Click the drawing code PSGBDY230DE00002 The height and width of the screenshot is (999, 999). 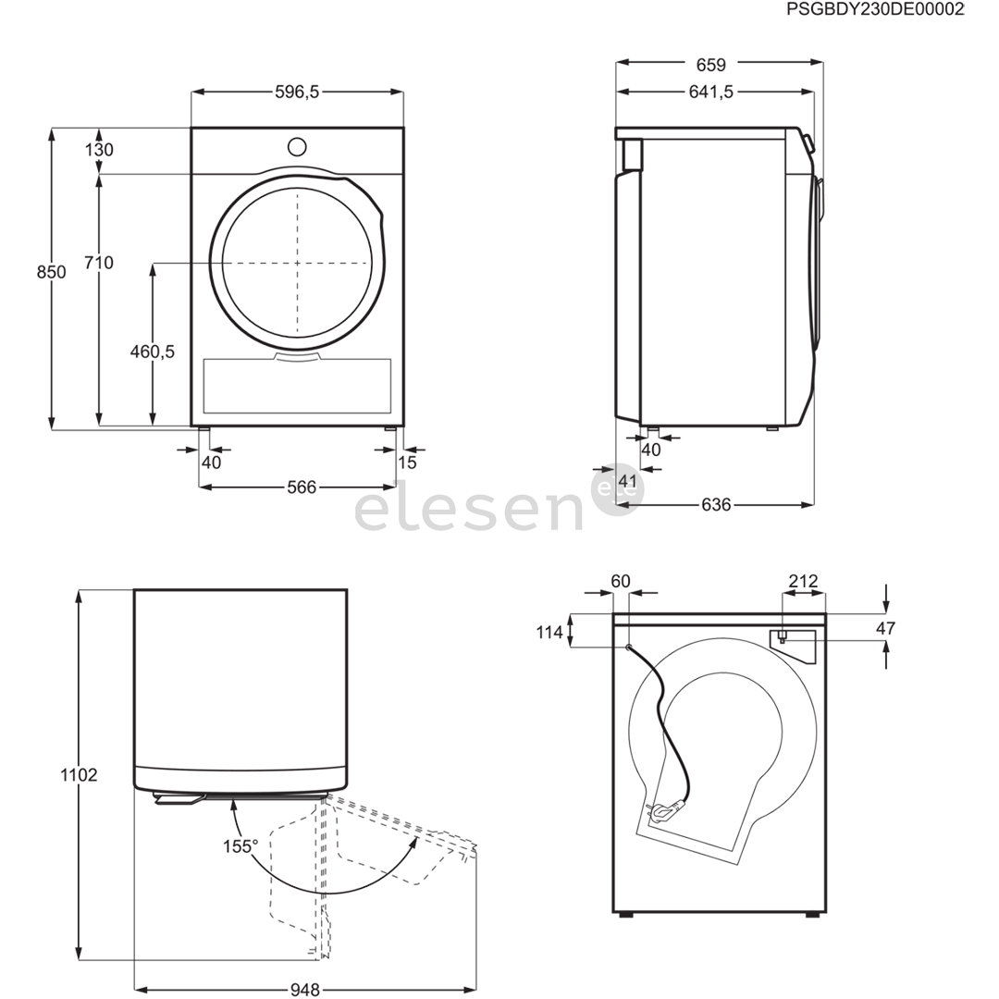point(875,10)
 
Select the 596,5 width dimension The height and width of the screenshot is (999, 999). point(297,92)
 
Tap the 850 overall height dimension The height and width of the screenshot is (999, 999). point(52,272)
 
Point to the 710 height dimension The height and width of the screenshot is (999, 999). point(98,264)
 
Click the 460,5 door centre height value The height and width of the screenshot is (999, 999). point(153,351)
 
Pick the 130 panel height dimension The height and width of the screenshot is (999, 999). point(99,150)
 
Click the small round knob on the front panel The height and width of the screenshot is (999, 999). point(297,146)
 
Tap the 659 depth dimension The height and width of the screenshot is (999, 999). point(711,65)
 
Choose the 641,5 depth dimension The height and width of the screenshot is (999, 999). point(711,92)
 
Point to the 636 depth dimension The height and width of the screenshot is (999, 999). point(716,505)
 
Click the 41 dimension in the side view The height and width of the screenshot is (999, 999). point(628,481)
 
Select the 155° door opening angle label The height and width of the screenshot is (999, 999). point(240,845)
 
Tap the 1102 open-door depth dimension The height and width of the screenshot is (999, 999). point(80,775)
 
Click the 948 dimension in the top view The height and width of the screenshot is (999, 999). point(304,990)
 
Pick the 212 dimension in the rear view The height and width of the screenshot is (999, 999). point(803,582)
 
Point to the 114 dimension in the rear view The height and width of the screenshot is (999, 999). point(549,632)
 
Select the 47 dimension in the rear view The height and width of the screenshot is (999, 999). point(885,629)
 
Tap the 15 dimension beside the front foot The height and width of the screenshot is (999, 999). point(408,462)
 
